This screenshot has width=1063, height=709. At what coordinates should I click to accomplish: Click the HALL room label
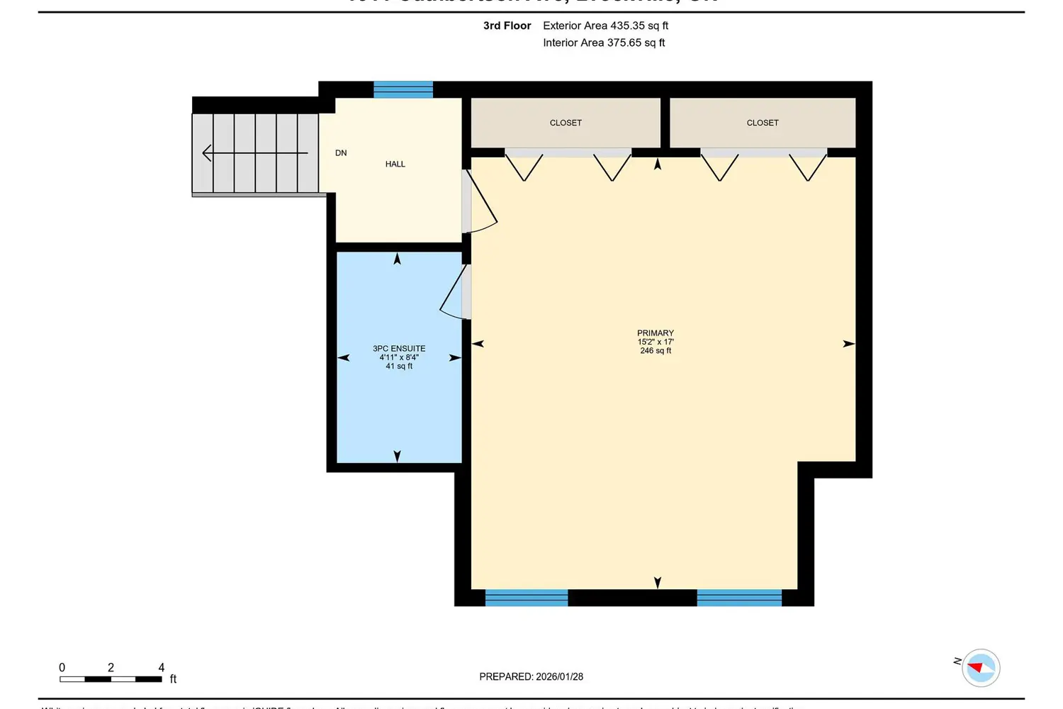point(395,164)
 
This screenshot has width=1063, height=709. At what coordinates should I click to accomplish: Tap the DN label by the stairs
point(341,153)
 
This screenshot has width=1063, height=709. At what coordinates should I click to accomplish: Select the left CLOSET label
point(566,123)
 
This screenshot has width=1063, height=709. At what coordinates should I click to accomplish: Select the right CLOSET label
point(763,123)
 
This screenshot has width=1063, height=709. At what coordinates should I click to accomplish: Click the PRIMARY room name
point(656,333)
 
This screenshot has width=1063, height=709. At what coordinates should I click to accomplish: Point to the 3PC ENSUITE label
point(399,349)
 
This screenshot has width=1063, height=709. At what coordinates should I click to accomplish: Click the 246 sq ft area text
point(656,351)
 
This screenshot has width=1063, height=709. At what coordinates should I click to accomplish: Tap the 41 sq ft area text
point(399,367)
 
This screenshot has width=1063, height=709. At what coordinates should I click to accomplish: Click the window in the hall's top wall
point(403,89)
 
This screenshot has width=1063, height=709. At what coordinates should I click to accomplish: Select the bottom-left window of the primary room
point(527,598)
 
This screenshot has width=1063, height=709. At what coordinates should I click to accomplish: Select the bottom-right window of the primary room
point(739,598)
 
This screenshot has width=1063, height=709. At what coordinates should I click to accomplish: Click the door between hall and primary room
point(479,202)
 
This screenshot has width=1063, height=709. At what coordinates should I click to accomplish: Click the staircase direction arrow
point(255,153)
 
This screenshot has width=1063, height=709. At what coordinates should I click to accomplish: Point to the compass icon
point(981,668)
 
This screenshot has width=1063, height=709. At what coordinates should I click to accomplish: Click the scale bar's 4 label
point(162,668)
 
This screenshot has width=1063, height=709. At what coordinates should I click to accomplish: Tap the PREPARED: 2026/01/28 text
point(531,677)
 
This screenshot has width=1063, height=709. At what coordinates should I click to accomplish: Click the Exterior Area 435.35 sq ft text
point(605,26)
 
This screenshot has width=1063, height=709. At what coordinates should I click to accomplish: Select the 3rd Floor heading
point(507,26)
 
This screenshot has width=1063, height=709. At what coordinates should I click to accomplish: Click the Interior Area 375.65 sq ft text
point(604,43)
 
